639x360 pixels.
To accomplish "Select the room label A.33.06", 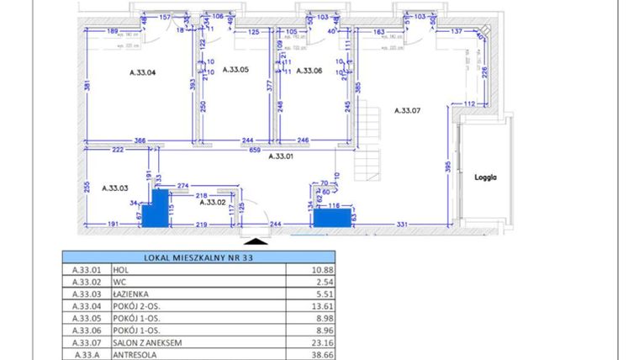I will click(x=309, y=71).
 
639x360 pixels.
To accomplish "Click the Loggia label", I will click(x=486, y=177).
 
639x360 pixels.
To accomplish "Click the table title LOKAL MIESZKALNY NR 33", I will click(x=198, y=257).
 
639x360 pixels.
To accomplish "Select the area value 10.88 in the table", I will click(x=321, y=271).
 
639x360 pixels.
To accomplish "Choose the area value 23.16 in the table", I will click(x=321, y=343).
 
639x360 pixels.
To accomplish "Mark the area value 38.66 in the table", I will click(x=321, y=355).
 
